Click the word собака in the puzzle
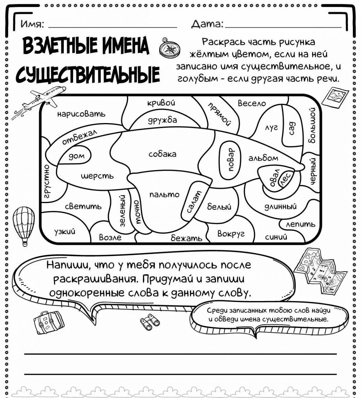[162, 154]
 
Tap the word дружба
[162, 120]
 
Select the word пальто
[164, 195]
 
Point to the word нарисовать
[81, 114]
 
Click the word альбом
[263, 158]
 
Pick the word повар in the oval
[231, 159]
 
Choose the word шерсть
[97, 176]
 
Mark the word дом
[77, 156]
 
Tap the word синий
[276, 237]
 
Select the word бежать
[187, 238]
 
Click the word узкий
[65, 232]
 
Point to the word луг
[271, 128]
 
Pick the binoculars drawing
[150, 322]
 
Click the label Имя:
[32, 24]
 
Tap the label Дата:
[207, 24]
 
